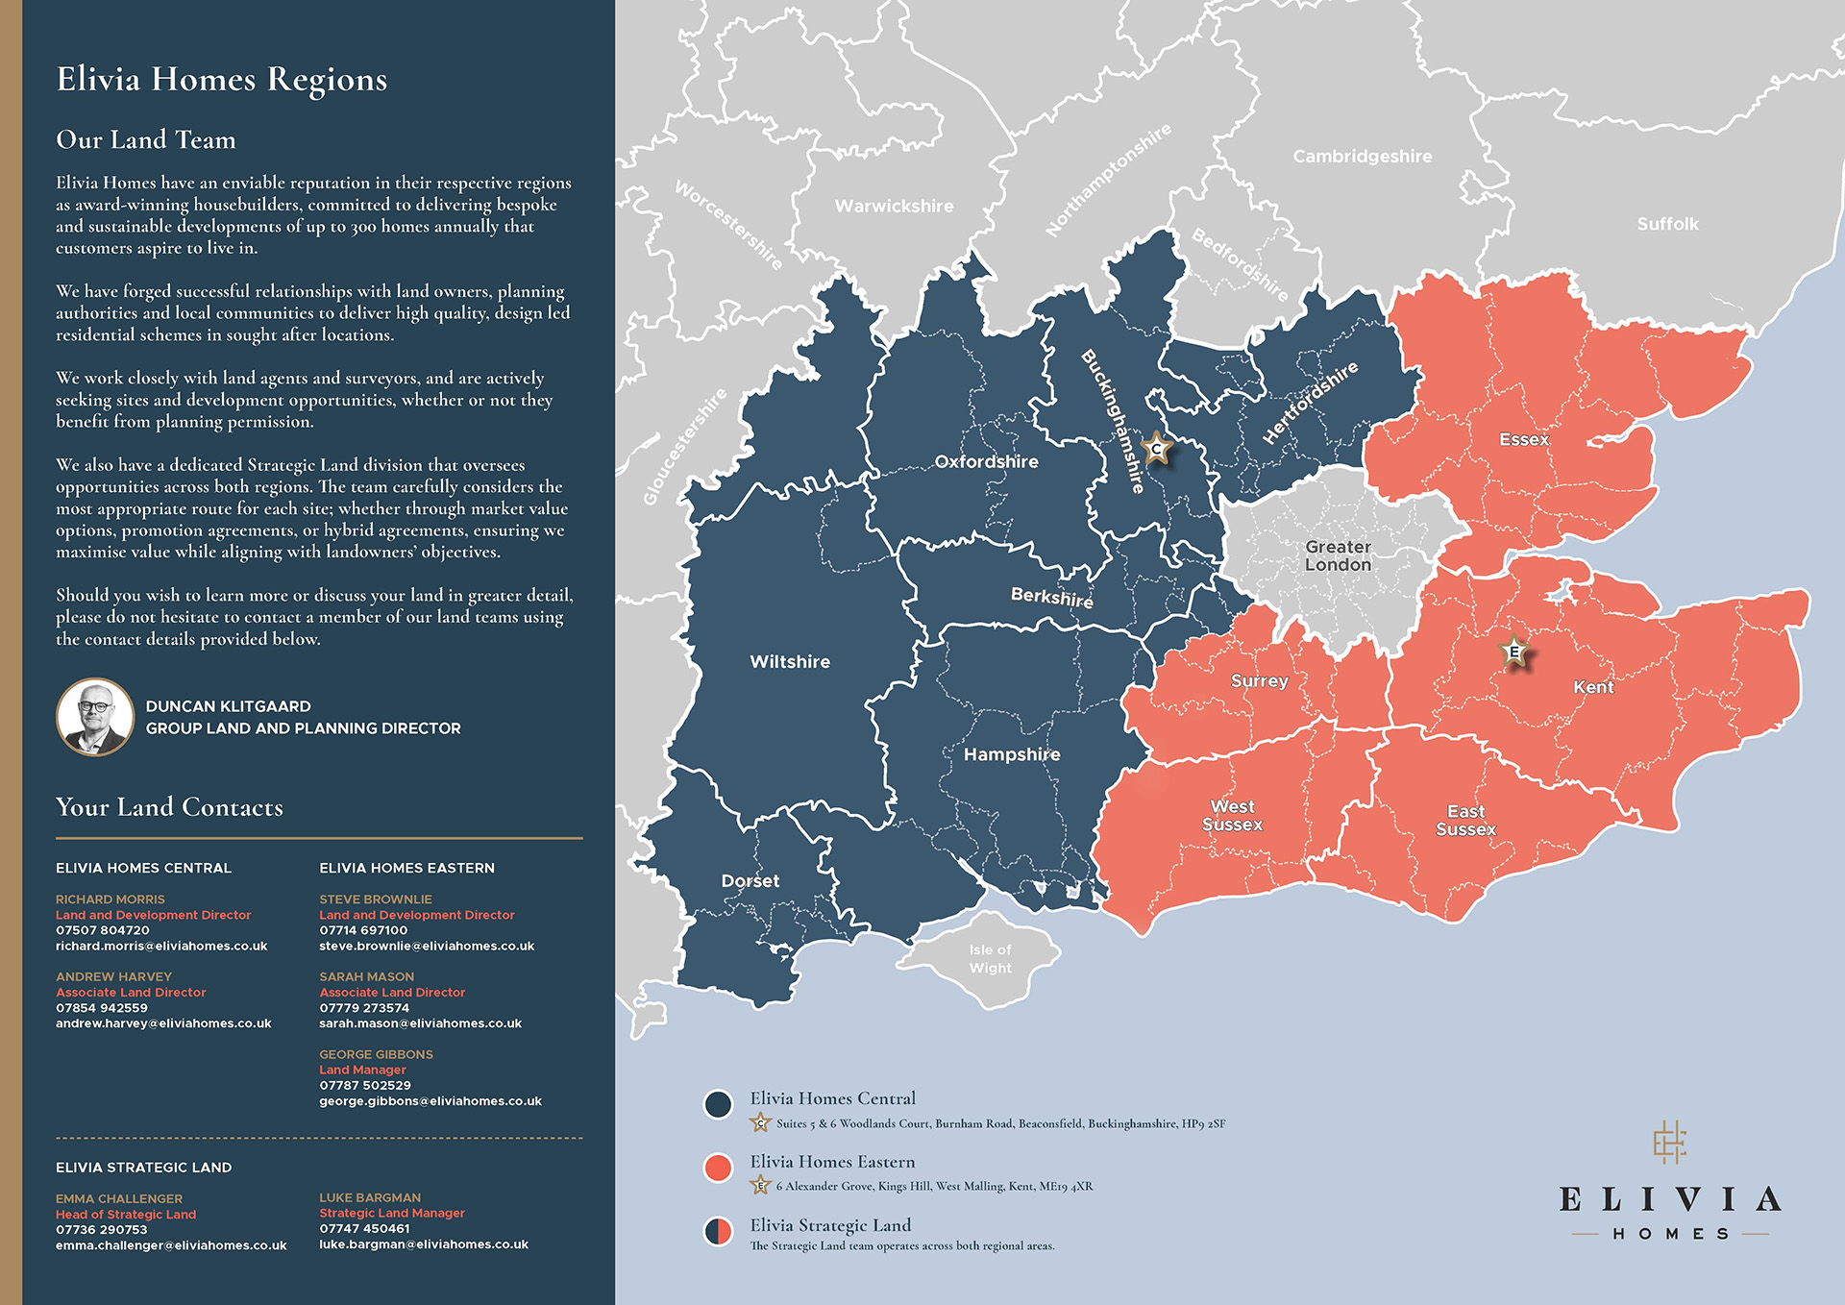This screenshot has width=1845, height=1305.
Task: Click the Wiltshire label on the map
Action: pyautogui.click(x=790, y=661)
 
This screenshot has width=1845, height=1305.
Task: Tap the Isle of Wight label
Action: pyautogui.click(x=990, y=958)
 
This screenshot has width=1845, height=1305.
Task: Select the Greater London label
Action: pyautogui.click(x=1338, y=555)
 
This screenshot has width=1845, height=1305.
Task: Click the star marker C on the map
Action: pyautogui.click(x=1157, y=448)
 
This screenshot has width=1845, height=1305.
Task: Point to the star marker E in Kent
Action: pyautogui.click(x=1514, y=652)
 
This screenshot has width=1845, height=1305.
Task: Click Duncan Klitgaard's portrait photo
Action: pyautogui.click(x=94, y=717)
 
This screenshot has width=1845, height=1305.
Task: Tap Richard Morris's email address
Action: pyautogui.click(x=161, y=946)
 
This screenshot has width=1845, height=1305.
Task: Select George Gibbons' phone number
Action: pyautogui.click(x=365, y=1085)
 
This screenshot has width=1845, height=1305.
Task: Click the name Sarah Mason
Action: pyautogui.click(x=367, y=976)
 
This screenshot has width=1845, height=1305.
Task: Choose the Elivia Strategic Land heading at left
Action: pyautogui.click(x=144, y=1167)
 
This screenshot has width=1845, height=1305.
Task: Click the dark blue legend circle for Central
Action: pyautogui.click(x=718, y=1104)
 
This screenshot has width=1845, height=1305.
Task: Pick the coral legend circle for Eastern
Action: pyautogui.click(x=718, y=1168)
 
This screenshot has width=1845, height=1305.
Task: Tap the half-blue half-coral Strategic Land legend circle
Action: pyautogui.click(x=718, y=1231)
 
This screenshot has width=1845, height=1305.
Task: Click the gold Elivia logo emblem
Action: pyautogui.click(x=1670, y=1142)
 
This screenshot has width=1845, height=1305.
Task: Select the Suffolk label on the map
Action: pyautogui.click(x=1667, y=224)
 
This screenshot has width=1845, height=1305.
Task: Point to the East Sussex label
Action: pyautogui.click(x=1465, y=820)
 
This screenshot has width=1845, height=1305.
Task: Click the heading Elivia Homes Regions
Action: pyautogui.click(x=222, y=79)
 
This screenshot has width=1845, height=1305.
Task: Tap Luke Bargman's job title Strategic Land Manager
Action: pyautogui.click(x=392, y=1213)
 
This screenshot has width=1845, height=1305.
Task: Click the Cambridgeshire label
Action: pyautogui.click(x=1362, y=156)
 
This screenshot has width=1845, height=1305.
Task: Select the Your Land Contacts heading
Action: pyautogui.click(x=169, y=807)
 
